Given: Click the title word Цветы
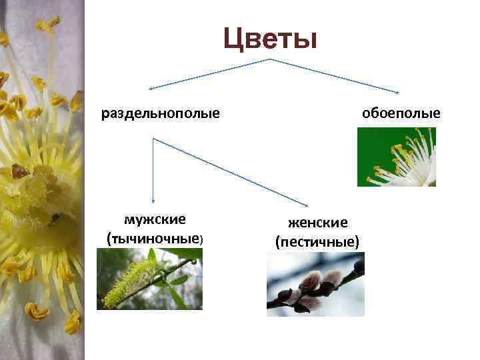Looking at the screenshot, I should click(x=269, y=38).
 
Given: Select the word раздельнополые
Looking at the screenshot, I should click(x=161, y=113).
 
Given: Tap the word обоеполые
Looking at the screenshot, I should click(x=401, y=113).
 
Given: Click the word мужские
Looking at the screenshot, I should click(x=155, y=219).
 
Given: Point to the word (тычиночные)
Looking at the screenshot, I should click(x=155, y=237).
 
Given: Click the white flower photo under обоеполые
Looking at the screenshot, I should click(x=396, y=157).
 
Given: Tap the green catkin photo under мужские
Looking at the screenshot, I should click(x=149, y=279).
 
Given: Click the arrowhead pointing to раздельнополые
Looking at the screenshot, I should click(x=150, y=88).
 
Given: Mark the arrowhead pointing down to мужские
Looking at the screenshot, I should click(x=153, y=201).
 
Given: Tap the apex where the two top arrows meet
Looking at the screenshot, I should click(x=270, y=59).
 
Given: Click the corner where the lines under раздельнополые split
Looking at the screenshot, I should click(x=153, y=139).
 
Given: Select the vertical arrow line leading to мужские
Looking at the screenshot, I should click(x=153, y=170).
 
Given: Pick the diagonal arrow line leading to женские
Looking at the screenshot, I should click(x=230, y=171).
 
